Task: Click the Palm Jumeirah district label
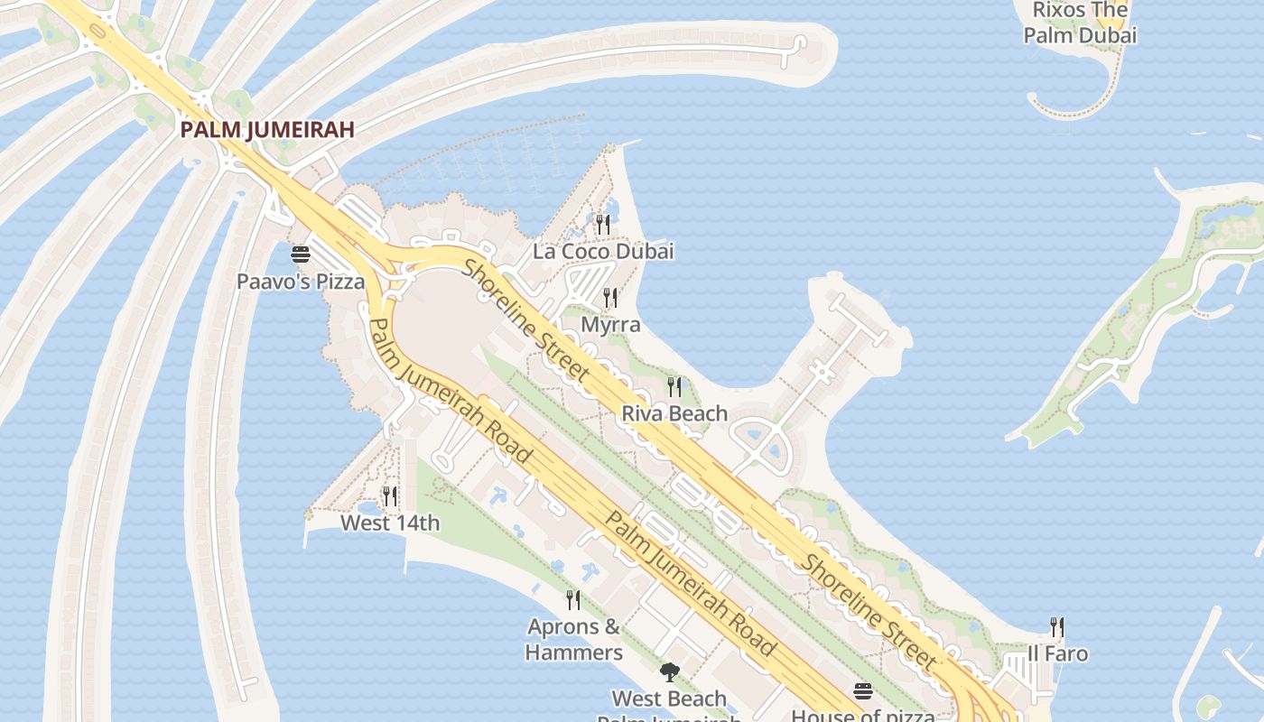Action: (266, 129)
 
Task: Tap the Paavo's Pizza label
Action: (301, 282)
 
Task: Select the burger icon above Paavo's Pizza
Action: (301, 255)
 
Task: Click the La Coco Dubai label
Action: (603, 251)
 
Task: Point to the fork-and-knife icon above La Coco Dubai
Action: (603, 223)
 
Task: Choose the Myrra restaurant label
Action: (610, 324)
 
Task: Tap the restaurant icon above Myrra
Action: (610, 297)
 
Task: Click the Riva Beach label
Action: (674, 413)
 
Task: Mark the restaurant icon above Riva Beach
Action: (674, 386)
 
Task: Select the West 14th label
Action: (390, 523)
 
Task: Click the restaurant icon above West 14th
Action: (390, 495)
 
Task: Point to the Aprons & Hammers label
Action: (574, 639)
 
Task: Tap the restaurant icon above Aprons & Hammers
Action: (572, 599)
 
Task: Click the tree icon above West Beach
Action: (669, 671)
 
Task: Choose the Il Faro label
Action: (1057, 653)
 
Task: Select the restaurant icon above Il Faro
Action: (1057, 626)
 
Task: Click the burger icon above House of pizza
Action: (863, 691)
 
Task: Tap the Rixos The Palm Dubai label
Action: (1080, 23)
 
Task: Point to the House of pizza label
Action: (863, 715)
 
